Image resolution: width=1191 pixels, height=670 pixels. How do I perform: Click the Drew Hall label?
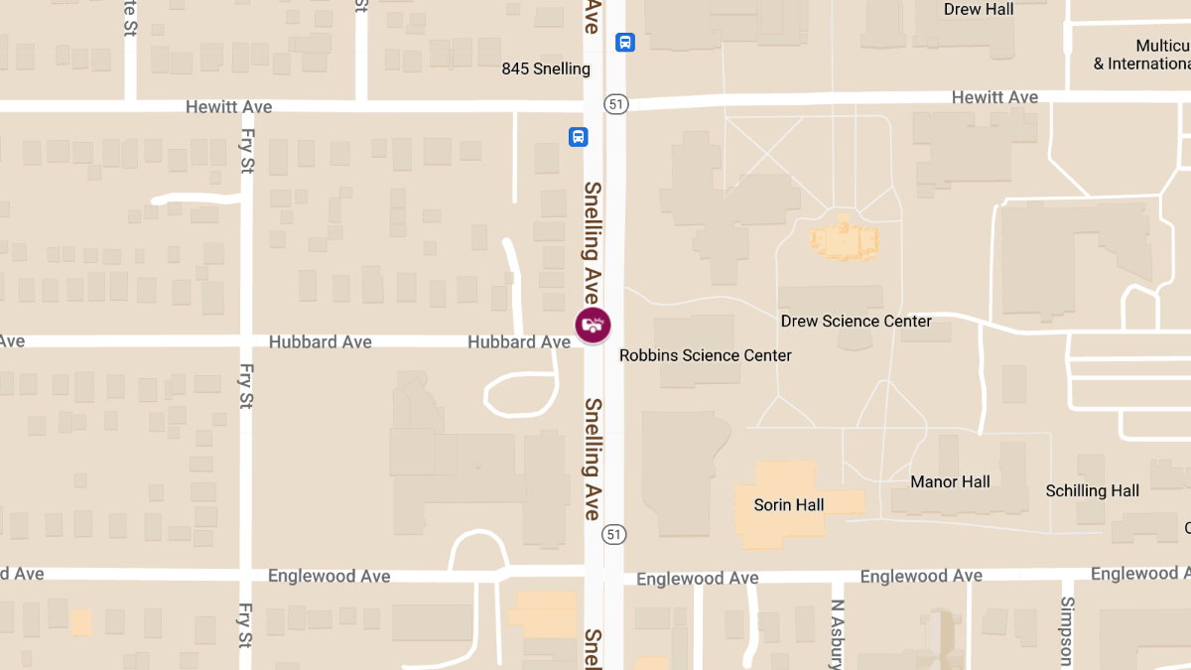(x=978, y=9)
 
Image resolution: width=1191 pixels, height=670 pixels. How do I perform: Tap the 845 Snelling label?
(x=546, y=68)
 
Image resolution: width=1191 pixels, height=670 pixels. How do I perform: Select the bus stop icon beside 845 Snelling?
(x=625, y=42)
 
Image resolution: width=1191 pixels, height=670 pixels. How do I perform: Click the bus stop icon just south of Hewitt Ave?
(x=579, y=137)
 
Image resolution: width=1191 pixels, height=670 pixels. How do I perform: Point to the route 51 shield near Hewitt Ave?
(x=616, y=103)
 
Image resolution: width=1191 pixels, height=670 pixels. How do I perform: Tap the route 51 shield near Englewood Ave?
(x=614, y=535)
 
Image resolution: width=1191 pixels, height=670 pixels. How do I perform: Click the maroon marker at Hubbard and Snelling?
(x=594, y=325)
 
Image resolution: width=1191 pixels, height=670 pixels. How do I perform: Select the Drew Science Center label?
(x=856, y=321)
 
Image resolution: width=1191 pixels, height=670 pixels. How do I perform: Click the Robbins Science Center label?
(x=705, y=354)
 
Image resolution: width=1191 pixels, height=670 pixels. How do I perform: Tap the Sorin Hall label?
(x=789, y=504)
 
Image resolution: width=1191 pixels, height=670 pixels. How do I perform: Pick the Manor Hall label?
(x=950, y=481)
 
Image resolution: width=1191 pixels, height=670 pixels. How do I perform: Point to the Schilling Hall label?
(x=1092, y=490)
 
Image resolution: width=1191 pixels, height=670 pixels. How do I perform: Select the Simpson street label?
(x=1067, y=631)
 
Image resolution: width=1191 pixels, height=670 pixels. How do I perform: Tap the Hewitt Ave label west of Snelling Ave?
(x=228, y=106)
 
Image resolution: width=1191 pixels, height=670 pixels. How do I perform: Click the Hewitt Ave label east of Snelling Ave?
(x=994, y=97)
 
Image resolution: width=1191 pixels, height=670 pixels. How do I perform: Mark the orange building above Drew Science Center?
(x=844, y=239)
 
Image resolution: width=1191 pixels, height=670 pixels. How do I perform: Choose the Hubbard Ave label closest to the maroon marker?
(x=519, y=341)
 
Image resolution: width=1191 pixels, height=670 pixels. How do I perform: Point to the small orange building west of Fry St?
(x=80, y=622)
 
